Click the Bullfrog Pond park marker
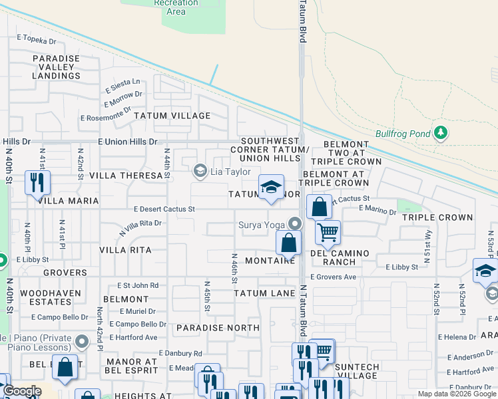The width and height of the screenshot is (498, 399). pyautogui.click(x=439, y=132)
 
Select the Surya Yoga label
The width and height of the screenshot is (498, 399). pyautogui.click(x=262, y=224)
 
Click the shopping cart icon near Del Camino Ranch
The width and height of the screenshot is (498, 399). pyautogui.click(x=328, y=233)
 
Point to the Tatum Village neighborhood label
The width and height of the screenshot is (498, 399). pyautogui.click(x=172, y=116)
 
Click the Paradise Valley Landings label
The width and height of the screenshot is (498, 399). pyautogui.click(x=57, y=67)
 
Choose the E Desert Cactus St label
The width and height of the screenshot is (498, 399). pyautogui.click(x=164, y=209)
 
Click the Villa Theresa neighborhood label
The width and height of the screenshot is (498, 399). pyautogui.click(x=126, y=176)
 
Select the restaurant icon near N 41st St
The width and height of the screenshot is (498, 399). pyautogui.click(x=37, y=182)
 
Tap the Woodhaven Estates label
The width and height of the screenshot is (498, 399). pyautogui.click(x=51, y=297)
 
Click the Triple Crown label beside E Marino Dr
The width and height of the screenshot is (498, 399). pyautogui.click(x=437, y=217)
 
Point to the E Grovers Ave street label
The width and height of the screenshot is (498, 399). pyautogui.click(x=333, y=277)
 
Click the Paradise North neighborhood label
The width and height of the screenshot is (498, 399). pyautogui.click(x=218, y=328)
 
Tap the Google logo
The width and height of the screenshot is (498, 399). pyautogui.click(x=21, y=390)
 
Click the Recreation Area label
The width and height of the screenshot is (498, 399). pyautogui.click(x=176, y=7)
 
